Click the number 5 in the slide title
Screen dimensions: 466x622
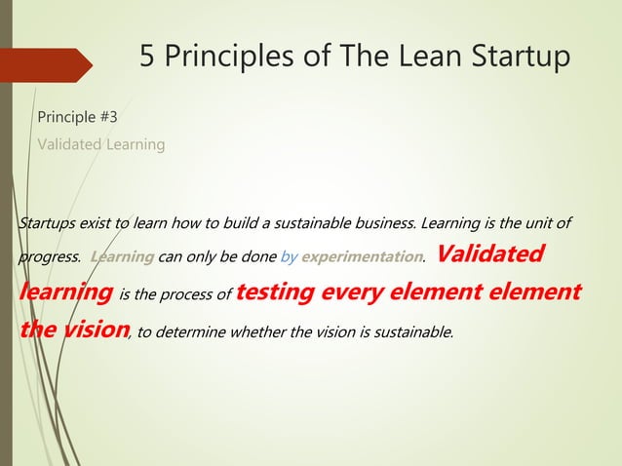pyautogui.click(x=147, y=57)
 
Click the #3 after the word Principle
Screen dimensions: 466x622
pyautogui.click(x=108, y=118)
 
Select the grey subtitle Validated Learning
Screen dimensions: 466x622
pyautogui.click(x=100, y=144)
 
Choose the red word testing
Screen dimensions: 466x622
pyautogui.click(x=275, y=291)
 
